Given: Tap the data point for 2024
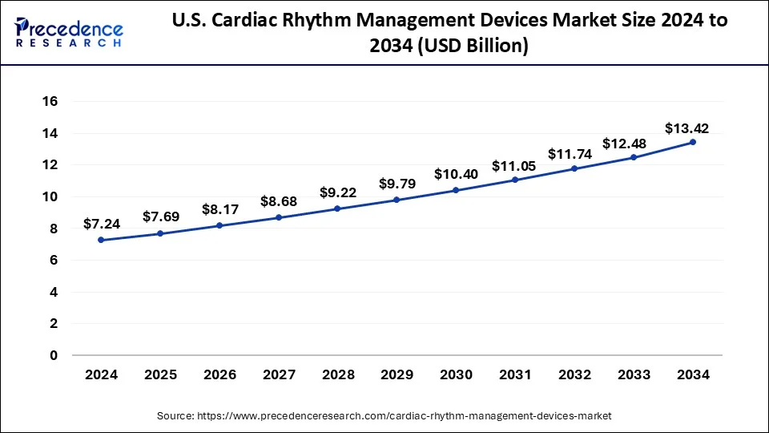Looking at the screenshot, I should click(x=101, y=240).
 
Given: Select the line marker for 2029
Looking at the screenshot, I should click(x=397, y=200).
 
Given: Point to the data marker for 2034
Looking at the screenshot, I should click(x=693, y=142).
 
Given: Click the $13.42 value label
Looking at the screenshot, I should click(x=686, y=128).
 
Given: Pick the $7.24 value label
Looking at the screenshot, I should click(x=102, y=225).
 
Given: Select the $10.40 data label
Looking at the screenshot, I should click(x=456, y=174).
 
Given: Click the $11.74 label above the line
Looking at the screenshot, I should click(x=569, y=154).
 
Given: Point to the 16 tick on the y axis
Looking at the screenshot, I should click(x=50, y=101).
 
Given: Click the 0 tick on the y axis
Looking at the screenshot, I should click(x=54, y=355).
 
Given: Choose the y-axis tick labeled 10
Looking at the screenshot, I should click(x=50, y=196).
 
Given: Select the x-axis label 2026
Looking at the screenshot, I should click(x=219, y=374).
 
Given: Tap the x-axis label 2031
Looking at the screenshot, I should click(x=515, y=374).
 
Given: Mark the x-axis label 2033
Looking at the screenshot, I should click(x=634, y=374).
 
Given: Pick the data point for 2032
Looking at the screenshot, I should click(x=574, y=168).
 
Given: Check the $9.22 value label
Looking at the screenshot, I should click(x=337, y=193).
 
